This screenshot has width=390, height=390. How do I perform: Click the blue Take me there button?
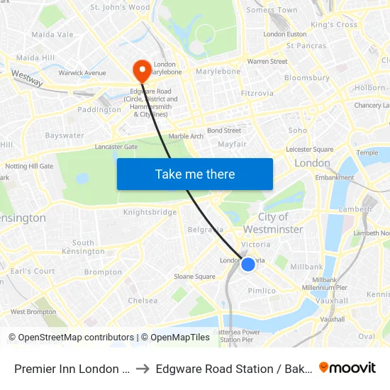pyautogui.click(x=195, y=174)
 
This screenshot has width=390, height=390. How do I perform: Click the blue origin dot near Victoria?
pyautogui.click(x=248, y=264)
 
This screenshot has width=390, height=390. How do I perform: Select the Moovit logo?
pyautogui.click(x=347, y=368)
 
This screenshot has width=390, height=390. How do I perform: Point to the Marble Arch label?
pyautogui.click(x=186, y=136)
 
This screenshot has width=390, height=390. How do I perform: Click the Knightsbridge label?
pyautogui.click(x=150, y=212)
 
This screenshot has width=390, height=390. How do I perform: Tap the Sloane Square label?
pyautogui.click(x=194, y=277)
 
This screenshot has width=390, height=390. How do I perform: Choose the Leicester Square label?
pyautogui.click(x=309, y=150)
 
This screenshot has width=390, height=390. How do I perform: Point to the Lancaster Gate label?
pyautogui.click(x=116, y=147)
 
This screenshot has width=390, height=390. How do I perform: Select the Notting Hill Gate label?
pyautogui.click(x=30, y=166)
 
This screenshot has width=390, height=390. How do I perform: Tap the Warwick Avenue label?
pyautogui.click(x=82, y=73)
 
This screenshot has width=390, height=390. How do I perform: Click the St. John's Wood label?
pyautogui.click(x=120, y=8)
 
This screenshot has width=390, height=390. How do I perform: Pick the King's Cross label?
pyautogui.click(x=334, y=25)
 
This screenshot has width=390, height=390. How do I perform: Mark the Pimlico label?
pyautogui.click(x=262, y=291)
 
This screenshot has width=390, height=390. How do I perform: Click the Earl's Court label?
pyautogui.click(x=33, y=271)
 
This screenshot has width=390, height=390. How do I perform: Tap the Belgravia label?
pyautogui.click(x=206, y=230)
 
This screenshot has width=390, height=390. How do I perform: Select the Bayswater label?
pyautogui.click(x=65, y=135)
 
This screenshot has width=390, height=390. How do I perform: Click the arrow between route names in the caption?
pyautogui.click(x=143, y=369)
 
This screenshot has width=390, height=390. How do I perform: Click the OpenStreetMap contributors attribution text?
pyautogui.click(x=71, y=338)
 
